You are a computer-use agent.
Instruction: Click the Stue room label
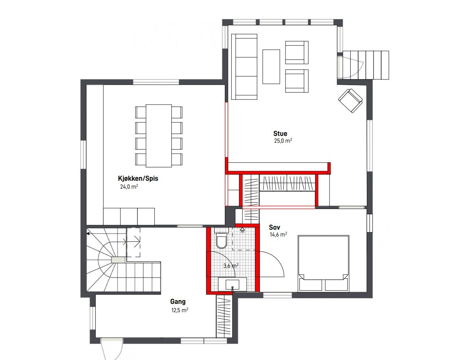click(x=280, y=133)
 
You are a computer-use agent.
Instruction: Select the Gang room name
click(x=178, y=302)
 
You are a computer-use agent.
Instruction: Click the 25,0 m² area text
click(x=283, y=141)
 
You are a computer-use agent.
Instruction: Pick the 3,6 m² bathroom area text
click(x=230, y=265)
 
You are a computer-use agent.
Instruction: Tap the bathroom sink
click(x=232, y=284)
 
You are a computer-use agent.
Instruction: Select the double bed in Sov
click(x=324, y=263)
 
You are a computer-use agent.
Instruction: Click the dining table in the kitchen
click(x=159, y=136)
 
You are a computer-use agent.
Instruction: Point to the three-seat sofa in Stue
click(x=244, y=67)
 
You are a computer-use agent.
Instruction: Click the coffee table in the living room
click(x=271, y=67)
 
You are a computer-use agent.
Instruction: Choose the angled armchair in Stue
click(x=350, y=100)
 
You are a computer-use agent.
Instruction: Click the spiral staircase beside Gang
click(x=113, y=260)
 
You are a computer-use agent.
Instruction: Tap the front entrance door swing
click(x=112, y=348)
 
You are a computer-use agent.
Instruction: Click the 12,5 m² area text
click(x=179, y=310)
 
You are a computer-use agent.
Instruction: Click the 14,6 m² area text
click(x=278, y=234)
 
